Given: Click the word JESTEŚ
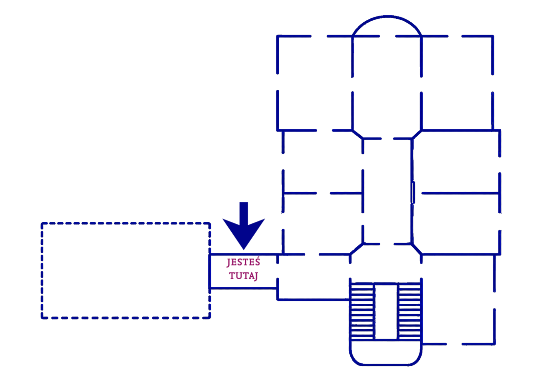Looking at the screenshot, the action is (x=243, y=262).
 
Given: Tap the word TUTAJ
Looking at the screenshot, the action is (x=244, y=276).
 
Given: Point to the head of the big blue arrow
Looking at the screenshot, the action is (x=244, y=234).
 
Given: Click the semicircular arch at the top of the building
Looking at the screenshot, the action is (x=387, y=17).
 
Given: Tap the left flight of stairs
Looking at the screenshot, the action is (x=362, y=311).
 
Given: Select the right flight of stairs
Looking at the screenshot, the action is (x=410, y=311).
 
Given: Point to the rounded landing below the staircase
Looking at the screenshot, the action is (x=386, y=365).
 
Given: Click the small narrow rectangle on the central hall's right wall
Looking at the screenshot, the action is (x=413, y=192).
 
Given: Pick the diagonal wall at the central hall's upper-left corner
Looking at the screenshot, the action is (x=357, y=135).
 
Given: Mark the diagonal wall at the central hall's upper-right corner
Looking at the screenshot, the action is (x=417, y=135).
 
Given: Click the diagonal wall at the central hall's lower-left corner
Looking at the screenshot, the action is (x=356, y=249).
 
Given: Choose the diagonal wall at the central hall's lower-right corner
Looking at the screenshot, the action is (x=417, y=249).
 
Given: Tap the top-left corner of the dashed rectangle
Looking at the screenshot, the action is (x=42, y=223).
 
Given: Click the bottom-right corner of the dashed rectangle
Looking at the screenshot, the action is (x=210, y=318).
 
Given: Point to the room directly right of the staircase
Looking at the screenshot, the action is (x=458, y=299).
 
